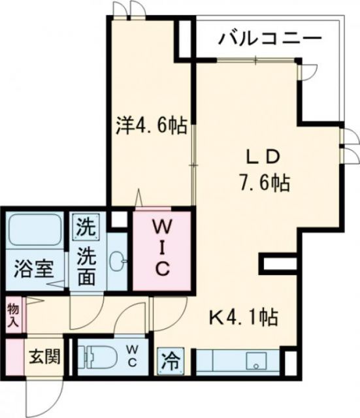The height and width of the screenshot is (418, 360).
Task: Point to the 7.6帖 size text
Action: click(x=265, y=184)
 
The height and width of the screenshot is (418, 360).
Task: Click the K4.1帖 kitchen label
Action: click(x=243, y=318)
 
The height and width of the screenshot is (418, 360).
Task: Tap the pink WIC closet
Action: click(x=163, y=248)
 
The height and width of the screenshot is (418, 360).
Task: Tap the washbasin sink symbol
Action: click(x=118, y=261)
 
